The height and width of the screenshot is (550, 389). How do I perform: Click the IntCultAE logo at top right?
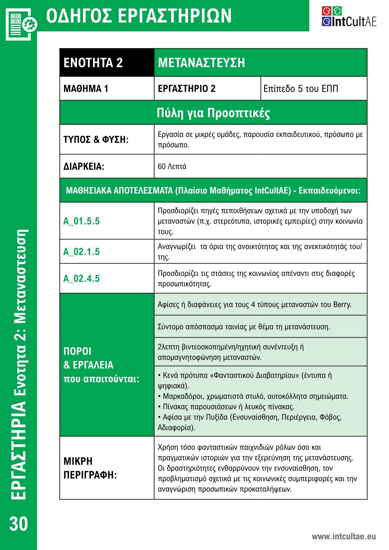(x=349, y=16)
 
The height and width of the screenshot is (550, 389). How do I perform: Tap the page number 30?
(x=19, y=524)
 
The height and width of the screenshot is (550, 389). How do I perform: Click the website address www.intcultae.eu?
(x=344, y=537)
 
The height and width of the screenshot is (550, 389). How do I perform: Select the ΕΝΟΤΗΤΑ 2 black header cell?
(x=93, y=63)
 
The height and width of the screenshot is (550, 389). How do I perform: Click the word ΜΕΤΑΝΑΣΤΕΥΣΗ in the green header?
(x=201, y=63)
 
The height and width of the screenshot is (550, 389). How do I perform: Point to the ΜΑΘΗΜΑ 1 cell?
(x=86, y=89)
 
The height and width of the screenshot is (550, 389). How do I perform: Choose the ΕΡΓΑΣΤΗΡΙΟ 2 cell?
(x=187, y=89)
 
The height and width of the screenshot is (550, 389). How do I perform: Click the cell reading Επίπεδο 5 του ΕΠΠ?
(x=301, y=89)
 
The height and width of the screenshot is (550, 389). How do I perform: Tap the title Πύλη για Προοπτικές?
(x=213, y=113)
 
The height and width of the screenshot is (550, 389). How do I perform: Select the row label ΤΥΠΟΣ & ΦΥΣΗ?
(x=96, y=140)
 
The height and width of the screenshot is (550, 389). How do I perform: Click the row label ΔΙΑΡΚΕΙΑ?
(x=84, y=167)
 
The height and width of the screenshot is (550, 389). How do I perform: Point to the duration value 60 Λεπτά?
(x=172, y=167)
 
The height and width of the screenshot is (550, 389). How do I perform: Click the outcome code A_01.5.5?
(x=82, y=221)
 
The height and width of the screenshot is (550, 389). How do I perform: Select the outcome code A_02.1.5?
(x=82, y=252)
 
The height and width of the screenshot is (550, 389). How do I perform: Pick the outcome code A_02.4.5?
(x=82, y=279)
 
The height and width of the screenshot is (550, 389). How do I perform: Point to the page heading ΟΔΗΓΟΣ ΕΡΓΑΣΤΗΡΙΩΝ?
(x=139, y=16)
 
